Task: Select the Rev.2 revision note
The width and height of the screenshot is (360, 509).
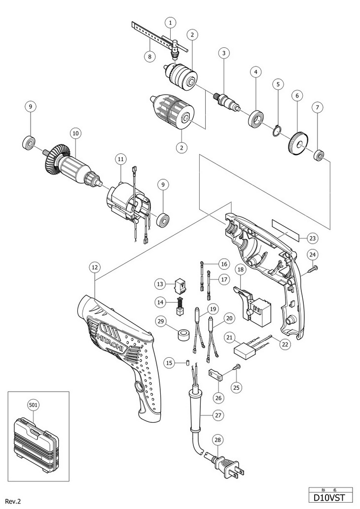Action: point(15,501)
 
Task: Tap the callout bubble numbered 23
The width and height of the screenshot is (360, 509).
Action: point(312,238)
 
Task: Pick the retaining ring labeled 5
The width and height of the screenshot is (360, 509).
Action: point(276,133)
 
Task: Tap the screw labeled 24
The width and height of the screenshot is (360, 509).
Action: point(313,268)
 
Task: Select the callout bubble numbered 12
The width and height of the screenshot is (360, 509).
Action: point(95,268)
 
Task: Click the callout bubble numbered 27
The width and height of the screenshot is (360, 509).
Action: point(218,414)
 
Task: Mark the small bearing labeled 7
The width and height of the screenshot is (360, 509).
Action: point(319,156)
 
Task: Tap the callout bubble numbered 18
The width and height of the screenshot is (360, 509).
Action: point(240,270)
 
